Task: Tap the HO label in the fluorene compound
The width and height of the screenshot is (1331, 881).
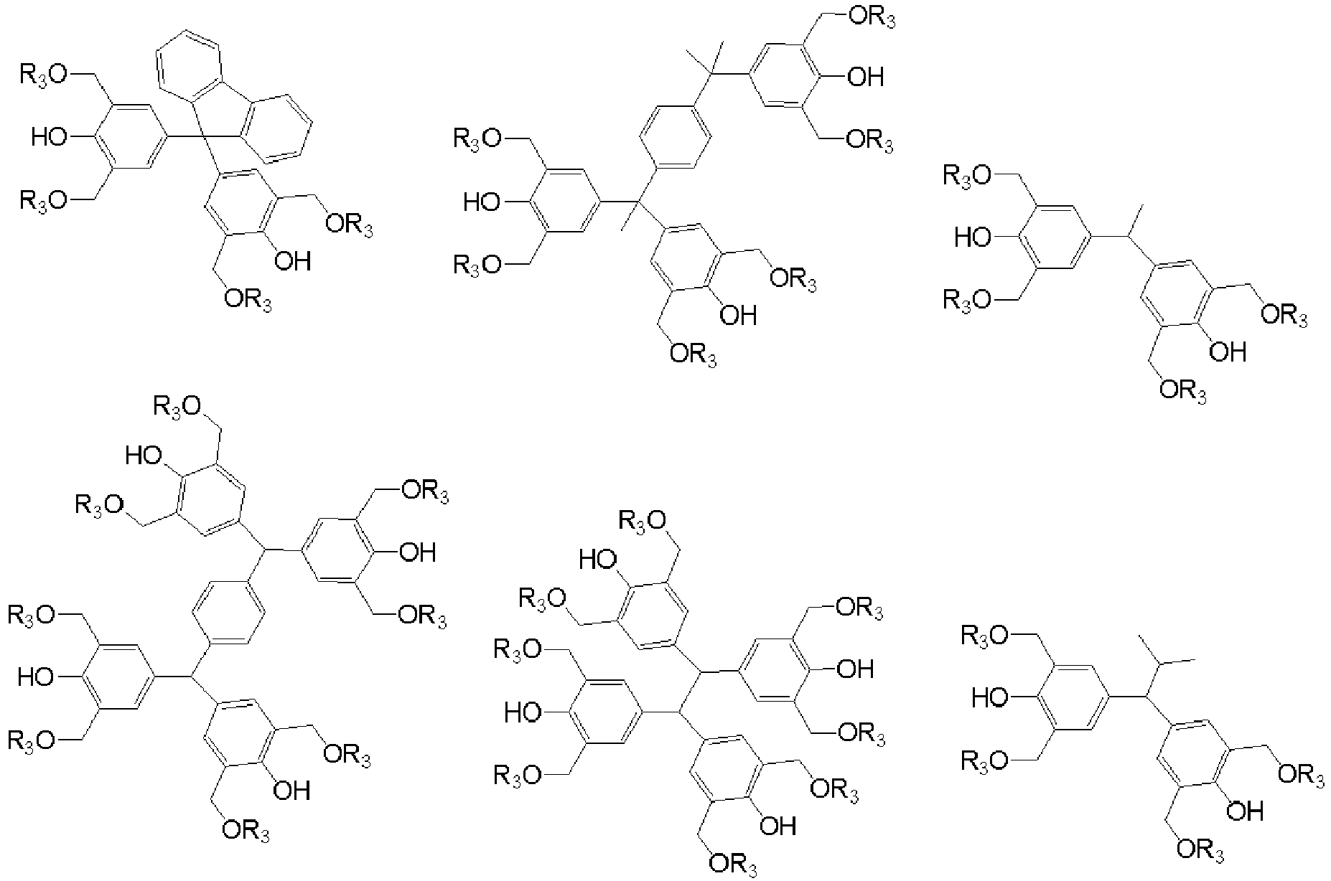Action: (50, 136)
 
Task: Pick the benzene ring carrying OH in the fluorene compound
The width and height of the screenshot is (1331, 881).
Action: (240, 204)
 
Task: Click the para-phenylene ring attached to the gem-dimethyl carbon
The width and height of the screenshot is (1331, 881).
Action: (674, 137)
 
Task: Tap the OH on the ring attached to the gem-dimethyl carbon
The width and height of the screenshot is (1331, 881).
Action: (866, 76)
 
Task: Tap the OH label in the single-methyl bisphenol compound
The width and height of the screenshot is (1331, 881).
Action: (1227, 351)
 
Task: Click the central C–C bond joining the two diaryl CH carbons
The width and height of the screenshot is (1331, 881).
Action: (689, 692)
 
